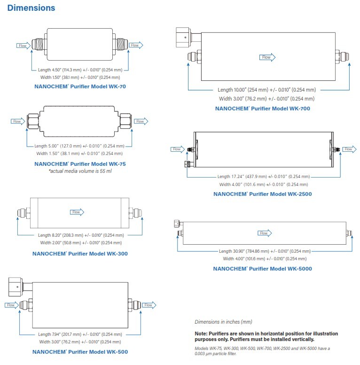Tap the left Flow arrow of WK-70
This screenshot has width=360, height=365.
(x=23, y=46)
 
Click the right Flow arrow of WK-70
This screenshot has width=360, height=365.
(x=136, y=45)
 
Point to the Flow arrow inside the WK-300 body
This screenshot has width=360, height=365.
(x=77, y=212)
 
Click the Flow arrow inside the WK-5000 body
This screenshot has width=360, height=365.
(x=265, y=233)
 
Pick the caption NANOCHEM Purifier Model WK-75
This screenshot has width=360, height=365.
(x=80, y=164)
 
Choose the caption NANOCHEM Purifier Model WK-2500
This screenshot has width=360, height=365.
(x=262, y=194)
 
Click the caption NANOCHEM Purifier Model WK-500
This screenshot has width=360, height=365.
(x=80, y=351)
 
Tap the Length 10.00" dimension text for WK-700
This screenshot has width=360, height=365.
(x=266, y=90)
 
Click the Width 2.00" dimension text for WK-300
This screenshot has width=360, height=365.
(x=80, y=242)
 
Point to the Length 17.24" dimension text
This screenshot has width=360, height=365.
(x=263, y=177)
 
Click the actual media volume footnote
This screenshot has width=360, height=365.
(x=80, y=171)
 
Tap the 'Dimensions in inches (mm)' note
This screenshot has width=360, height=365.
(x=223, y=322)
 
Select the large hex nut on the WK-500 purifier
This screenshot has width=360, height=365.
(x=15, y=286)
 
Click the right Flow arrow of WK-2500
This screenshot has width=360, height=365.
(x=348, y=149)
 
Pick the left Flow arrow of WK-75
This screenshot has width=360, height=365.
(x=18, y=122)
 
